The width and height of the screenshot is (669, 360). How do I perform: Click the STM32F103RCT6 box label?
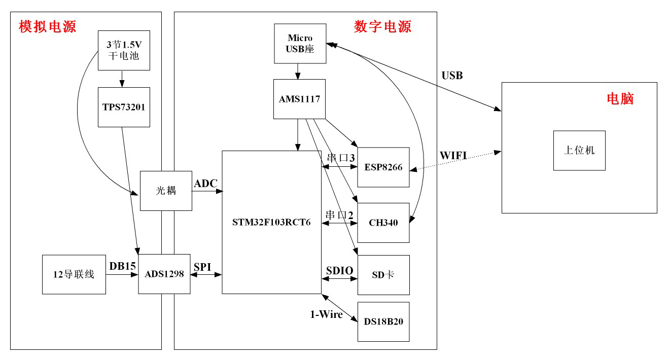click(271, 222)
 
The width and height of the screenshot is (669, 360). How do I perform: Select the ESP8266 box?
click(383, 167)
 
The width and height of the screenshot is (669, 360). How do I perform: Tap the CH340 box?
click(383, 223)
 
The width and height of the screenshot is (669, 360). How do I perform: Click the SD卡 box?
click(383, 275)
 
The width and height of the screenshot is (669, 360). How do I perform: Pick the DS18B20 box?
click(383, 321)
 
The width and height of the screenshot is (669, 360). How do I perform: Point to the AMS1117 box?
click(299, 99)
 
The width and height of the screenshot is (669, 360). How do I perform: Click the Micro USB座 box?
click(300, 44)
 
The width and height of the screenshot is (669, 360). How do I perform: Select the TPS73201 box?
click(124, 107)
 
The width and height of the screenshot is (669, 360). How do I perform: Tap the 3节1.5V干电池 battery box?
click(124, 51)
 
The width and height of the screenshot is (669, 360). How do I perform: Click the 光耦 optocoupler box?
click(166, 191)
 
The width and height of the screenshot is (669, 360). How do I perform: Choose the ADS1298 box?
click(164, 274)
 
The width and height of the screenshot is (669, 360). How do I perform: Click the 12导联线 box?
click(74, 275)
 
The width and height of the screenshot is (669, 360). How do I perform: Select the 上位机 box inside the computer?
click(579, 151)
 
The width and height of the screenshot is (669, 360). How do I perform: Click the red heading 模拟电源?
click(48, 26)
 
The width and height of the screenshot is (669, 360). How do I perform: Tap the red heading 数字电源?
click(382, 26)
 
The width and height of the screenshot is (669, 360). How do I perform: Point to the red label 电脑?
click(620, 98)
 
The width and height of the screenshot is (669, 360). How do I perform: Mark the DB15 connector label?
click(122, 266)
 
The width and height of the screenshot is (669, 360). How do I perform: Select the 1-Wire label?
click(326, 314)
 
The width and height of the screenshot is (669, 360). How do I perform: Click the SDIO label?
click(339, 271)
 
